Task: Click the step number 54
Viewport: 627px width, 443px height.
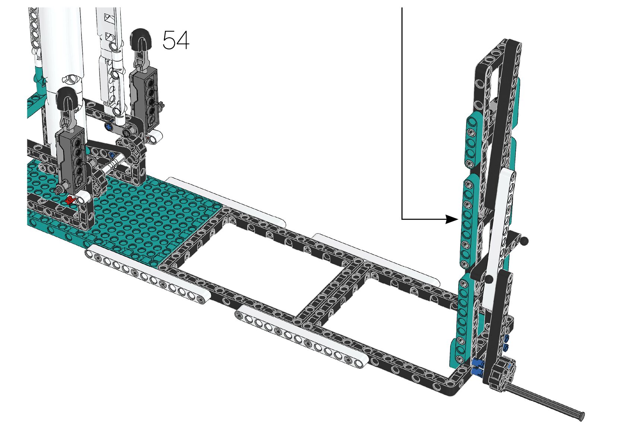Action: (x=176, y=40)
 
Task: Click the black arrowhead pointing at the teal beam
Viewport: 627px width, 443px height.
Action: (x=452, y=219)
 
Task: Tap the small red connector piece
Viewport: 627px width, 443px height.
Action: (x=69, y=200)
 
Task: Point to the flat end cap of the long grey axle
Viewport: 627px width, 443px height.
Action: (x=582, y=416)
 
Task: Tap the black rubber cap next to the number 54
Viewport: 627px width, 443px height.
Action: (x=141, y=39)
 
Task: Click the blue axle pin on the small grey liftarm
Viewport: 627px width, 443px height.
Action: (x=109, y=127)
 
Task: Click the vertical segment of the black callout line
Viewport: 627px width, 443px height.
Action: (x=402, y=112)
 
